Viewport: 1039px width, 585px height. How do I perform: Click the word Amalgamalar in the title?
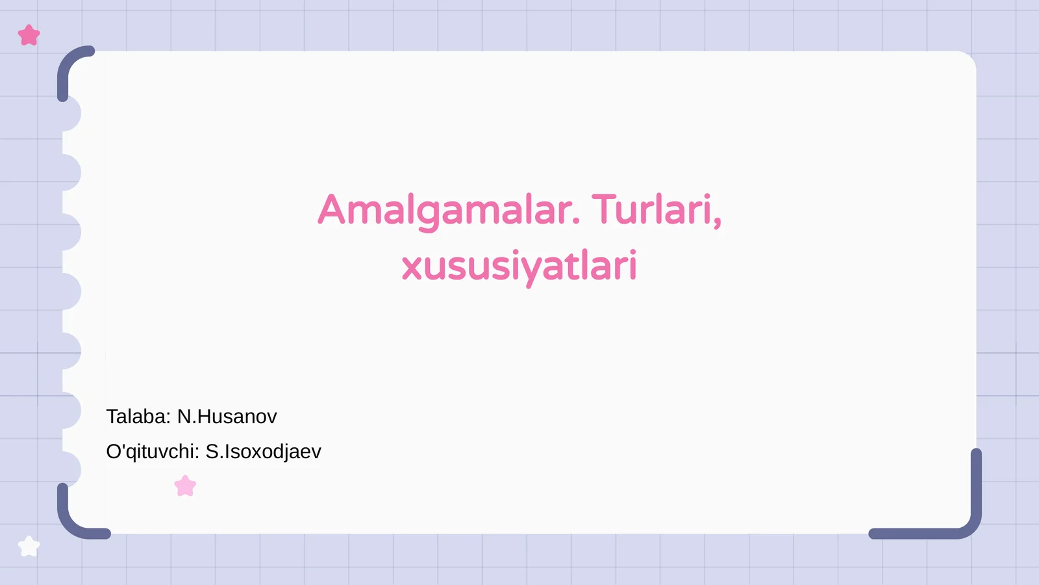point(445,210)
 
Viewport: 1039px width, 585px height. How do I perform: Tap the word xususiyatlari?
point(519,266)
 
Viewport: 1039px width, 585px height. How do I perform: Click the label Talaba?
point(138,417)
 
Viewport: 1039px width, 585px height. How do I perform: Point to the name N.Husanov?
point(227,417)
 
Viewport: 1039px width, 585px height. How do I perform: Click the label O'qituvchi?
point(153,452)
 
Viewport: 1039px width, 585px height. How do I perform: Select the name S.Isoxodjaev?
point(264,452)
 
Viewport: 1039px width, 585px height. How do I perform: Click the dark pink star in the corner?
point(29,35)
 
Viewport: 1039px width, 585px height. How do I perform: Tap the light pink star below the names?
point(185,486)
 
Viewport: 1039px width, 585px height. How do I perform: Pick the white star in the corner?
point(29,547)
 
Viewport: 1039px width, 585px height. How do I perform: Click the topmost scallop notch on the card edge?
point(71,113)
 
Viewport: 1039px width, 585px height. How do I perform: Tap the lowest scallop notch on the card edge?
point(71,469)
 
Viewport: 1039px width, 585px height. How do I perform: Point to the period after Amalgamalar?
point(576,222)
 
